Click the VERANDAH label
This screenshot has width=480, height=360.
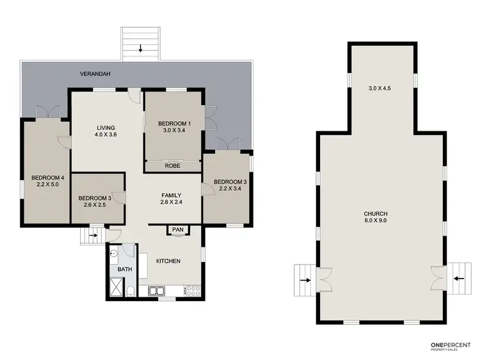click(x=95, y=74)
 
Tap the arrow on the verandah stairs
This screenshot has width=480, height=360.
click(x=141, y=47)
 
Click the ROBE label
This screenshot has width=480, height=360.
click(x=172, y=165)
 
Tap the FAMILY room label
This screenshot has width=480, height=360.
click(x=171, y=195)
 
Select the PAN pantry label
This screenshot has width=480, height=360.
click(x=177, y=229)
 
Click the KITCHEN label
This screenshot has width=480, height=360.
click(x=168, y=261)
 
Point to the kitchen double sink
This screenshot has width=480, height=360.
click(x=157, y=291)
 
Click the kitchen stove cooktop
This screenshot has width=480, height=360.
click(x=193, y=291)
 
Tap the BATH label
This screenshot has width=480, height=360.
click(x=124, y=269)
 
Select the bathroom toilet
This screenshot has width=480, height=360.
click(x=129, y=292)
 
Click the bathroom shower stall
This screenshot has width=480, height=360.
click(x=117, y=288)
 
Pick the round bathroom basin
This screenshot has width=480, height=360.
click(x=113, y=254)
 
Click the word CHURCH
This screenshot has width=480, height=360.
click(x=376, y=213)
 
